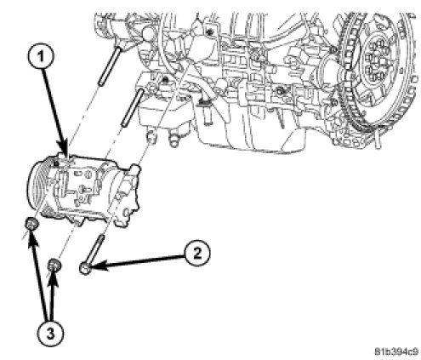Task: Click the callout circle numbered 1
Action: [x=42, y=57]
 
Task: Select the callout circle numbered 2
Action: [x=197, y=253]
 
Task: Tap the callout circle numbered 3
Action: [x=50, y=334]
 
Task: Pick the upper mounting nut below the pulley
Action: [x=31, y=224]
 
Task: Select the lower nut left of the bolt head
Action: [x=54, y=266]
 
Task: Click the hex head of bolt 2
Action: [x=85, y=268]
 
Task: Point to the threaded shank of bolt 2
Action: [x=95, y=249]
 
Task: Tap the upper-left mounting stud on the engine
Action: [x=109, y=66]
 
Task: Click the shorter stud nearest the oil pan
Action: [x=132, y=107]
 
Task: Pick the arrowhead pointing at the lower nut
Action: [x=54, y=280]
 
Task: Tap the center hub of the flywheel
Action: [x=376, y=60]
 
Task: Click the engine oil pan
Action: [x=249, y=128]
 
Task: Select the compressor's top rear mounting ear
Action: [x=135, y=170]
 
